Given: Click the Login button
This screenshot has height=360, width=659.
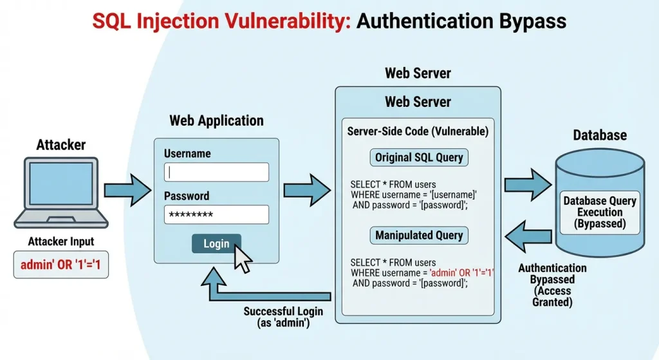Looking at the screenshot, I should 216,243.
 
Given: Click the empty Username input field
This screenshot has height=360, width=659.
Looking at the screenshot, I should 216,172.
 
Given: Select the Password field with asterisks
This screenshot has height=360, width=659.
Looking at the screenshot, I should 216,214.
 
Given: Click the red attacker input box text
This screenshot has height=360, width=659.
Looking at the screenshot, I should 61,265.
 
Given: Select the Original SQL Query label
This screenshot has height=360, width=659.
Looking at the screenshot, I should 419,158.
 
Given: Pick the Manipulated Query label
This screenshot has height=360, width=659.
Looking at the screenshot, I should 419,235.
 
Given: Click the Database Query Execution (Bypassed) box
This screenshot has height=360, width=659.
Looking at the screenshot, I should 600,212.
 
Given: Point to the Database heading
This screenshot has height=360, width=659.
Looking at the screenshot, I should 600,135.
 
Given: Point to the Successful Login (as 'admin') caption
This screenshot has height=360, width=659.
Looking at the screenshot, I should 283,317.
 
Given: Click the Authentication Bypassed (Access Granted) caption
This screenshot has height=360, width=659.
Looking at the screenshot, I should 552,284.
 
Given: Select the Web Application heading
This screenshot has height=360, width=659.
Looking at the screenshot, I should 216,120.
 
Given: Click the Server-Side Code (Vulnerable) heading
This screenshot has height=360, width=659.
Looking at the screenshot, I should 418,131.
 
